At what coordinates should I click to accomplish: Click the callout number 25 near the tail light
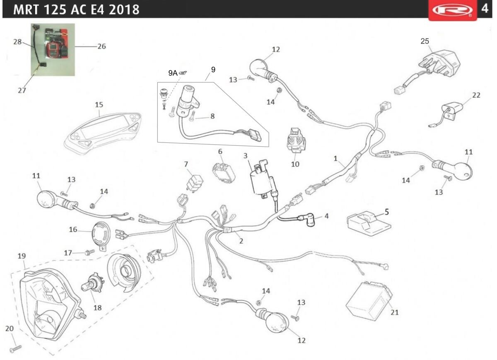click(x=425, y=41)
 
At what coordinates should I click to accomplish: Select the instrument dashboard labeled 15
click(x=102, y=128)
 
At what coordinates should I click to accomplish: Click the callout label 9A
click(x=173, y=73)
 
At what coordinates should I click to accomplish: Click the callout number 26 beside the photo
click(x=101, y=46)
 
